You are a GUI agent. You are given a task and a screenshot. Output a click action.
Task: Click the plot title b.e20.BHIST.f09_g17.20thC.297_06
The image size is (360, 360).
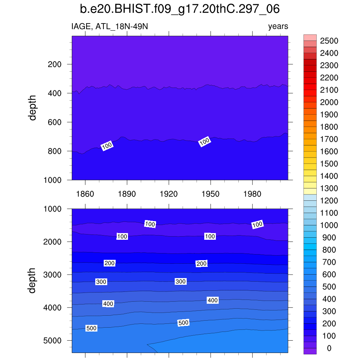(x=180, y=9)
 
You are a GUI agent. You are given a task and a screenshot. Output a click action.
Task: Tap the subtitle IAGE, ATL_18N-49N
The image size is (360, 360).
(x=112, y=26)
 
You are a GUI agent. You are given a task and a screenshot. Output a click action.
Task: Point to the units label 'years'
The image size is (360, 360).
(x=278, y=26)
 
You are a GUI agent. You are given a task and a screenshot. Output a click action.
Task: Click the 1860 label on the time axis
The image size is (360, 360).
(x=85, y=194)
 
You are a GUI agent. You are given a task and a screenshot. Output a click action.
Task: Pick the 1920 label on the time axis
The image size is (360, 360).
(x=169, y=194)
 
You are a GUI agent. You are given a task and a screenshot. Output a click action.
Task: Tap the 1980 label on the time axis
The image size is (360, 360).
(x=252, y=194)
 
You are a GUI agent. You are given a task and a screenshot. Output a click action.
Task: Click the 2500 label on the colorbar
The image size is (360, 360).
(x=329, y=41)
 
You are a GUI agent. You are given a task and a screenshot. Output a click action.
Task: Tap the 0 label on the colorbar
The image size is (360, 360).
(x=329, y=348)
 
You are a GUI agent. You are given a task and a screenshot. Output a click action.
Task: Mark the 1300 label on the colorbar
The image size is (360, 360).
(x=329, y=188)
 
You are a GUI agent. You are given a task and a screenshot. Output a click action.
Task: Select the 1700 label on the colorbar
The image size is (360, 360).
(x=329, y=139)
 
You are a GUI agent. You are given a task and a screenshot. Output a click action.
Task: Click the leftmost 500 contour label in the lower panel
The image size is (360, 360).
(x=91, y=328)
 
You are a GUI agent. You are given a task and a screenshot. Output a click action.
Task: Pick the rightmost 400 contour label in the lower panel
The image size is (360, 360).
(x=213, y=300)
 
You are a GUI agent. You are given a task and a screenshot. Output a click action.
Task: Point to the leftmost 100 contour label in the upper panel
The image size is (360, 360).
(x=107, y=146)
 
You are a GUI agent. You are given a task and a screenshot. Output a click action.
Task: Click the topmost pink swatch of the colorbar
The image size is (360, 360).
(x=310, y=38)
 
